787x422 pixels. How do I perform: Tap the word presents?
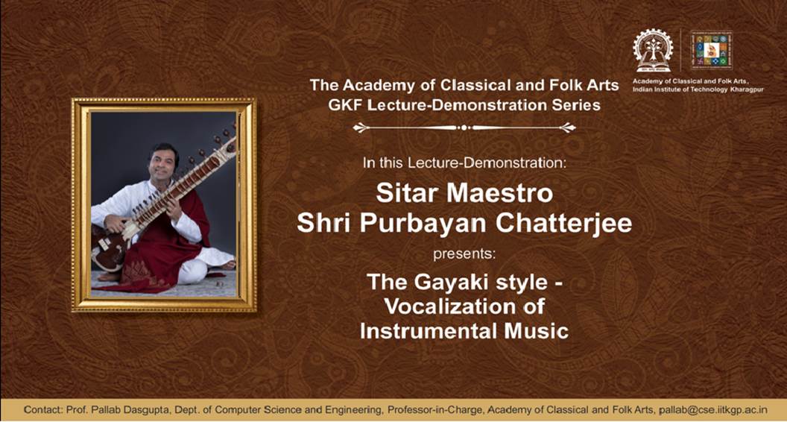(464, 254)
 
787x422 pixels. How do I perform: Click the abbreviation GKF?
(344, 105)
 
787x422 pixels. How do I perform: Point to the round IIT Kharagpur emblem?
(653, 50)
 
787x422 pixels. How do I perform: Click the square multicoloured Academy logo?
(711, 50)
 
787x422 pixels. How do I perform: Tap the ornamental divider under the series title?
(464, 127)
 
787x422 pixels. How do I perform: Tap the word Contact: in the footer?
(43, 410)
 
